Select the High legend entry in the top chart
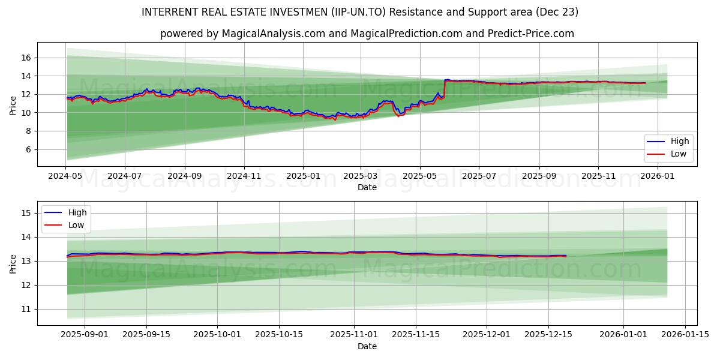click(x=680, y=141)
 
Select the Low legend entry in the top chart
click(x=679, y=154)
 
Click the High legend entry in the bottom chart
click(x=77, y=212)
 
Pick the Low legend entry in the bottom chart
click(x=76, y=225)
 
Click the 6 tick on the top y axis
click(x=27, y=149)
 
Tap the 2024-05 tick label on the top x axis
click(x=65, y=176)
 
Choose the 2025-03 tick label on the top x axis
click(x=361, y=176)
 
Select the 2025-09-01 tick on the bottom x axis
click(x=85, y=335)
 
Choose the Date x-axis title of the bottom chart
click(x=367, y=346)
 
